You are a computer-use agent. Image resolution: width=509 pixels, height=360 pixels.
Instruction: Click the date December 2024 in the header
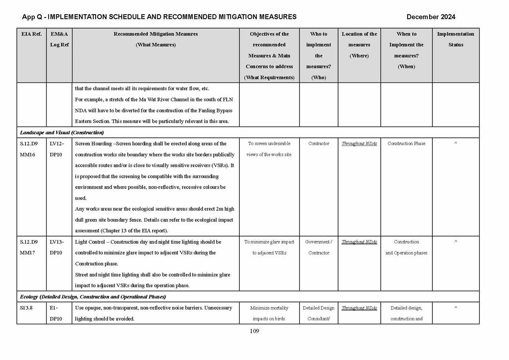click(x=431, y=17)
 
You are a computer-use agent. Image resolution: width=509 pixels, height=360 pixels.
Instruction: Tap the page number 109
click(x=254, y=331)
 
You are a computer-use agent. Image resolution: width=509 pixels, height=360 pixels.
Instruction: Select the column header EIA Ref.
click(x=31, y=34)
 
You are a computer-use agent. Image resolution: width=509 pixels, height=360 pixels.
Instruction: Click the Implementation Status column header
click(x=456, y=39)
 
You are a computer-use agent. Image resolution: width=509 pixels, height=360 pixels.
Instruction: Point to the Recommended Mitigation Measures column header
click(x=155, y=39)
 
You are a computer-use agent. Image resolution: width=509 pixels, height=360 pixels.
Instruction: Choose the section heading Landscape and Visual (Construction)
click(x=62, y=132)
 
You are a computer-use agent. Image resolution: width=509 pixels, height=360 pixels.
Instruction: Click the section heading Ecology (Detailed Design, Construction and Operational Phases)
click(x=93, y=297)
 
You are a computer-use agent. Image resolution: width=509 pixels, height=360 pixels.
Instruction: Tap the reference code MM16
click(x=28, y=155)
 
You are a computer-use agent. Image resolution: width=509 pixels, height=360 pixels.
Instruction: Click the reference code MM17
click(x=28, y=253)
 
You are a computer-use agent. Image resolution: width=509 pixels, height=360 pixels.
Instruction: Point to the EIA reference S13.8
click(x=27, y=308)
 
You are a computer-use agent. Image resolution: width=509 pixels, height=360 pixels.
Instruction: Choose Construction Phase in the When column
click(x=406, y=144)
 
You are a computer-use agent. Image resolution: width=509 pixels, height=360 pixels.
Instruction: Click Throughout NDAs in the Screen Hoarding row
click(x=359, y=144)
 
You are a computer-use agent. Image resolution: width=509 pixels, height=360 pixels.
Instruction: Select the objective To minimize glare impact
click(x=269, y=242)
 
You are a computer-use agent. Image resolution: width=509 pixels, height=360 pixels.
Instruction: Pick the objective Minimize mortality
click(x=269, y=308)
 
